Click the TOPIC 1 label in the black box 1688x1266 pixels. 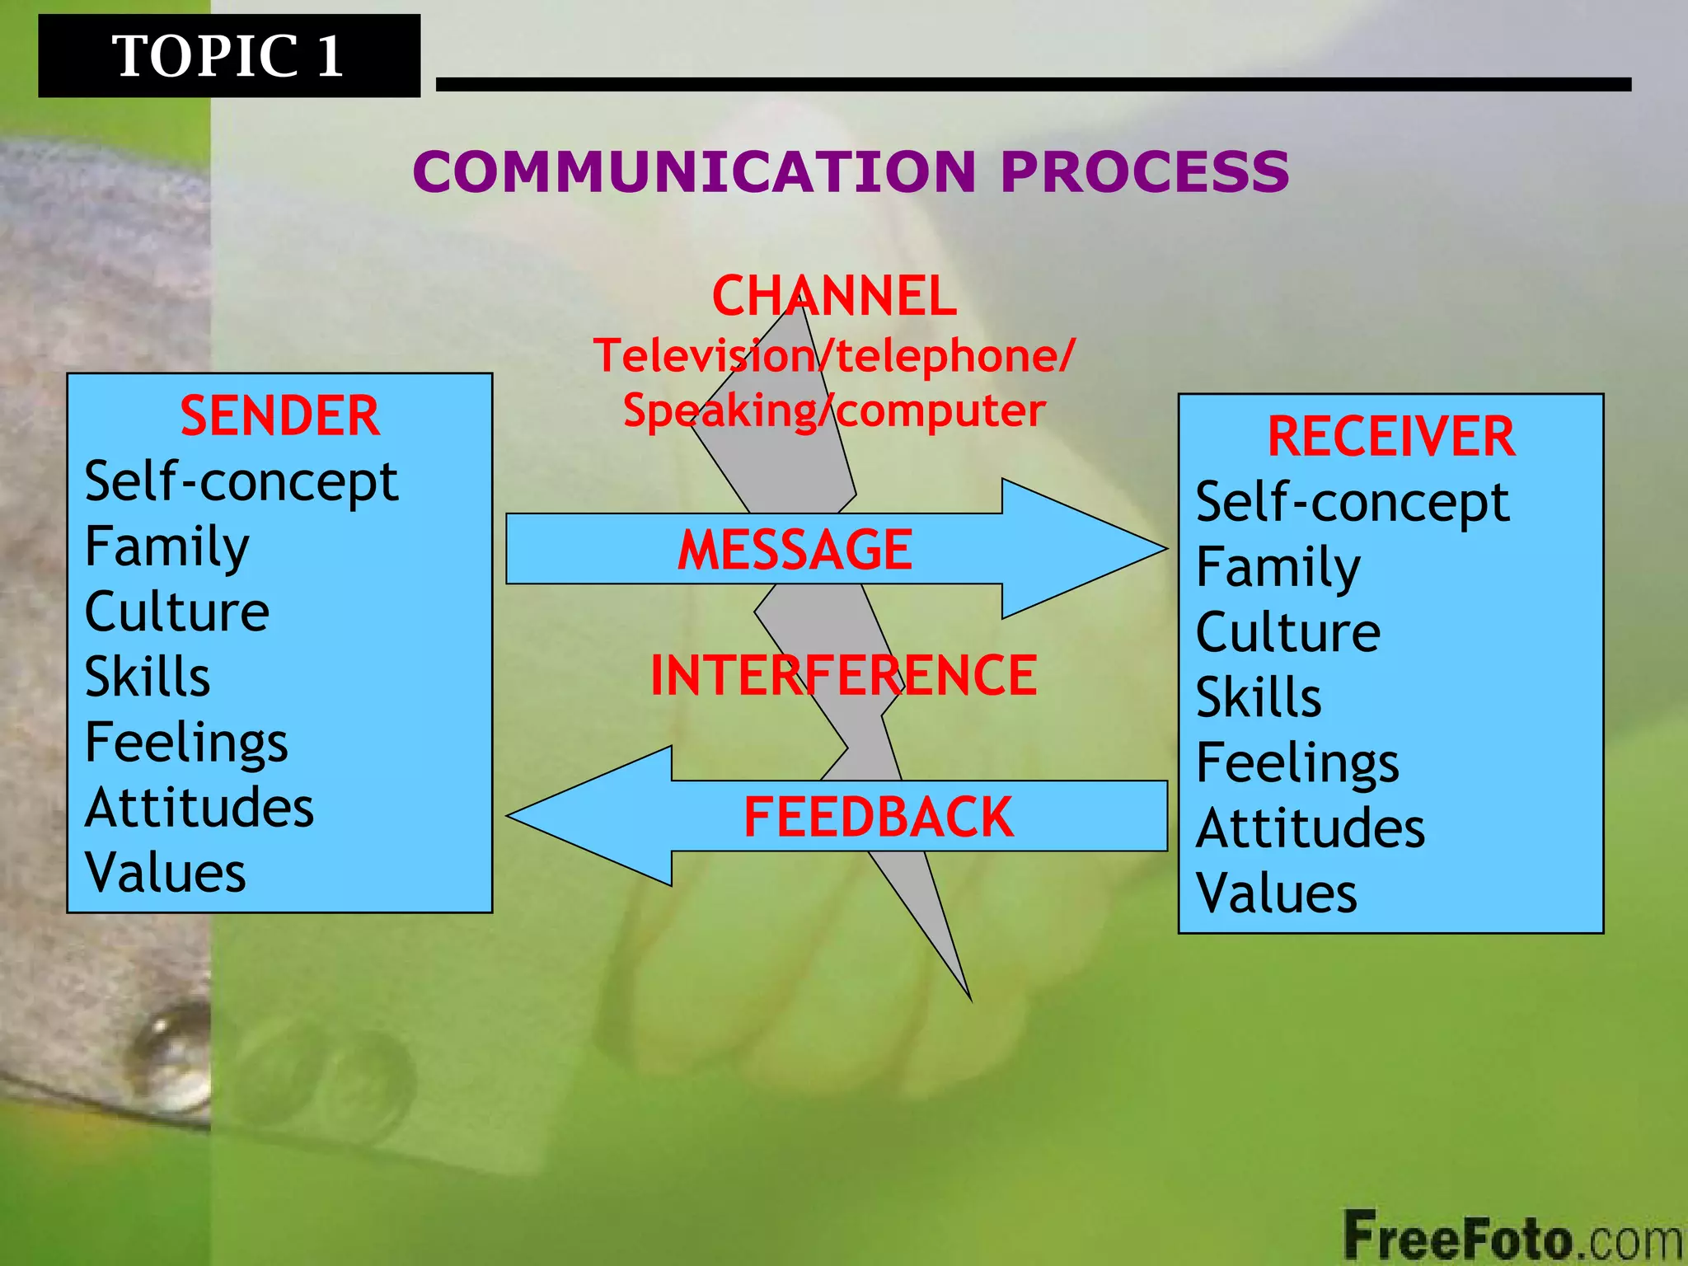point(227,56)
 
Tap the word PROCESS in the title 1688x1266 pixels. point(1144,172)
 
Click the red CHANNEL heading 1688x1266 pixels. point(834,297)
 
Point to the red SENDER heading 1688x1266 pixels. point(279,415)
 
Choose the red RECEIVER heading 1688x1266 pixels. point(1390,436)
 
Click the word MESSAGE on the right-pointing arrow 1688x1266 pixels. point(795,550)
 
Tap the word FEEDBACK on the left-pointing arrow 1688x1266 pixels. point(878,817)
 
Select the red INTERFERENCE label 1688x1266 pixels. point(843,676)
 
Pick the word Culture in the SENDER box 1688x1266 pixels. point(177,612)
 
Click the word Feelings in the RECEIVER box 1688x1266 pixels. point(1297,763)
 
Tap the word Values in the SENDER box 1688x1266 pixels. point(166,872)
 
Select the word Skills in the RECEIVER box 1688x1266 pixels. point(1259,697)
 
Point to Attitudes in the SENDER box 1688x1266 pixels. point(199,807)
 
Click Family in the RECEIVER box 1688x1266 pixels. point(1278,568)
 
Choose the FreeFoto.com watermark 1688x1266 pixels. point(1512,1236)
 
